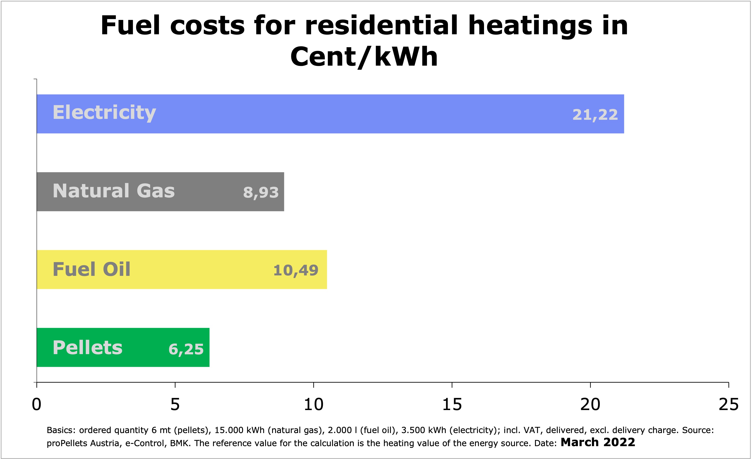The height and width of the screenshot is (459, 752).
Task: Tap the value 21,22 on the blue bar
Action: (595, 115)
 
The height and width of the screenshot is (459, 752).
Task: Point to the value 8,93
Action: (261, 192)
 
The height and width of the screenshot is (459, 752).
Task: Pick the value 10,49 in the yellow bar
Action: (296, 270)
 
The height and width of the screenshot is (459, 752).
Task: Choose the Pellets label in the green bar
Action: (87, 348)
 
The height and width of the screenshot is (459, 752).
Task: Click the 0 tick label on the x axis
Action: (37, 404)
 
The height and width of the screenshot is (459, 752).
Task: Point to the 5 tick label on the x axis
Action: (175, 404)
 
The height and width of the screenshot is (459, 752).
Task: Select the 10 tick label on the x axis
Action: (313, 404)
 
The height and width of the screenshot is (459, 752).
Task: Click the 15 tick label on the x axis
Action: (452, 404)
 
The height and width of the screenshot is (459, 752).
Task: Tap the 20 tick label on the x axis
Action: (590, 404)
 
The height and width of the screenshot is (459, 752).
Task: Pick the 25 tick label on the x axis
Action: (729, 404)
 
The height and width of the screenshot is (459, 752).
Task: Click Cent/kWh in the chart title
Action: (364, 57)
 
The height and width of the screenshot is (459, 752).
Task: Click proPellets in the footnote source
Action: (67, 443)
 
